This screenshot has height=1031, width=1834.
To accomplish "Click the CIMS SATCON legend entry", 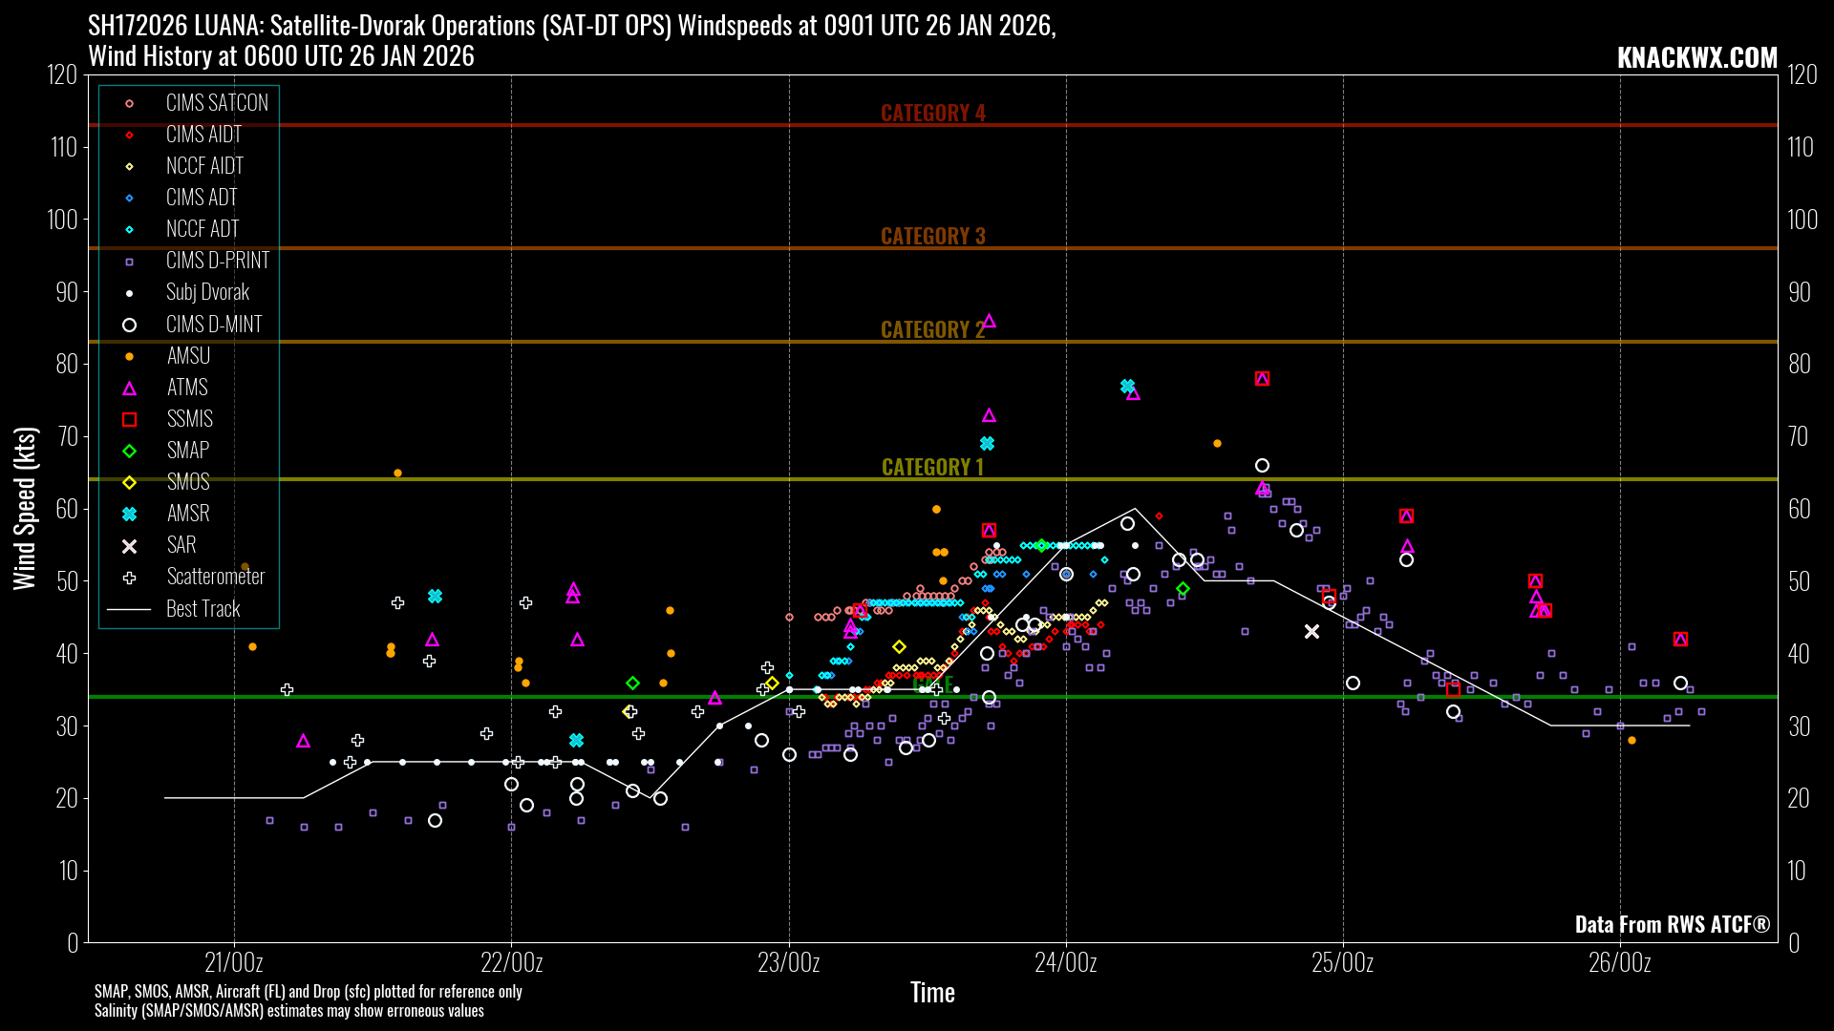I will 216,103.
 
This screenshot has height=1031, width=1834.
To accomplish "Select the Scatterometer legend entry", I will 215,577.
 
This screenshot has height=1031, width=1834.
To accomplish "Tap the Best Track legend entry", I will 203,609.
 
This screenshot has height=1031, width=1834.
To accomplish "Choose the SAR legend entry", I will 181,545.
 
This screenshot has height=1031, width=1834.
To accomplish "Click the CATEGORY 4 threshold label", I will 932,113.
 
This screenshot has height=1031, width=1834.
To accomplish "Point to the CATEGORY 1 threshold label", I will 931,467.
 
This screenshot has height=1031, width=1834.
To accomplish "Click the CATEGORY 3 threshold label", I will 932,236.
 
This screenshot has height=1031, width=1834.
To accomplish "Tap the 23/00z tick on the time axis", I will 789,962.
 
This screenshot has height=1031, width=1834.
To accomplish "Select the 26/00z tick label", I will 1620,962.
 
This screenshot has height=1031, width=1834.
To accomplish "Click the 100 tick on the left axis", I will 63,220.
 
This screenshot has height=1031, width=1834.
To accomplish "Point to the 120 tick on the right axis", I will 1802,75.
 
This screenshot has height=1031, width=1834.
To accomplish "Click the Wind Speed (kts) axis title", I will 24,508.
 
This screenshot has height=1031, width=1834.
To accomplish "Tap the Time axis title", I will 932,993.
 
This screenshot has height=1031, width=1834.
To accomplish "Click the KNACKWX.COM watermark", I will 1696,57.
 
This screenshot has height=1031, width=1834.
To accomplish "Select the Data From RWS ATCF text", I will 1672,924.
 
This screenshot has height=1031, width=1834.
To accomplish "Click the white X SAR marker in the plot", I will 1312,632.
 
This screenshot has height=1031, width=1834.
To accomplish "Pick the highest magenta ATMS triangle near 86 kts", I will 989,322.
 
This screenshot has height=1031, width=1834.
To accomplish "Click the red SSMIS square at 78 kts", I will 1262,379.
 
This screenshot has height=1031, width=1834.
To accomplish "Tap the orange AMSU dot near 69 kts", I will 1217,444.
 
